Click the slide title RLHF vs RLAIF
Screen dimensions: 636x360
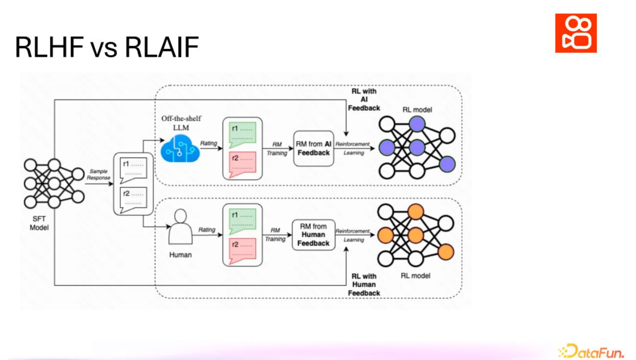pos(107,47)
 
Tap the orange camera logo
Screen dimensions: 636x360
pos(575,33)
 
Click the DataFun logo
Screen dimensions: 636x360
pos(591,351)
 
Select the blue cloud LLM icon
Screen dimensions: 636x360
pos(180,148)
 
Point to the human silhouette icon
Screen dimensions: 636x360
pos(181,226)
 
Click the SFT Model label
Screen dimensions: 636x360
pos(39,223)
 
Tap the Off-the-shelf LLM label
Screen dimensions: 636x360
pos(181,123)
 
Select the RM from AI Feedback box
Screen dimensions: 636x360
pos(313,148)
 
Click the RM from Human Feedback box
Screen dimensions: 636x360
pos(313,235)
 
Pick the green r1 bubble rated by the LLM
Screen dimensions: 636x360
pos(243,135)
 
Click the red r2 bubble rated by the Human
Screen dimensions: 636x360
pos(243,250)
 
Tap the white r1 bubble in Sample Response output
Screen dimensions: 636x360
pos(134,170)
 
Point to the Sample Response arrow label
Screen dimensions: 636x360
pos(98,174)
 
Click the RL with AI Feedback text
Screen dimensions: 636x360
pos(364,100)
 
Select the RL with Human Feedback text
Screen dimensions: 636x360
pos(364,285)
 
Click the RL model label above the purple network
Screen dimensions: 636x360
pos(417,110)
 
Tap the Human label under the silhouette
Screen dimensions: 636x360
pos(181,255)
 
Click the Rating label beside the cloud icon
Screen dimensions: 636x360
pos(208,143)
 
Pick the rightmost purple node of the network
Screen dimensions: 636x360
pos(447,164)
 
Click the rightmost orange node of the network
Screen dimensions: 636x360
pos(446,252)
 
